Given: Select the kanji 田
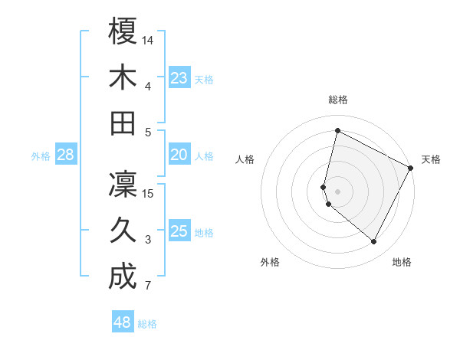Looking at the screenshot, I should click(123, 123).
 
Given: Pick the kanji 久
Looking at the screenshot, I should click(123, 231).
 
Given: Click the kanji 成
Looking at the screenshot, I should click(123, 277).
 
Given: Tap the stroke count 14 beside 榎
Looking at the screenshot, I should click(149, 40).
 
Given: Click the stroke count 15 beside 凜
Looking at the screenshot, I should click(149, 194).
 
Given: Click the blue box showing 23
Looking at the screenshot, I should click(179, 78).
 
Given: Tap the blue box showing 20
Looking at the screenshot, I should click(179, 155).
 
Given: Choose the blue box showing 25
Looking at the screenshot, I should click(179, 232).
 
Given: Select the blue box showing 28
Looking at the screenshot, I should click(66, 155).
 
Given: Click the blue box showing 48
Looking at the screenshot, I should click(123, 322).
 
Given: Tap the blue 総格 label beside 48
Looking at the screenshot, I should click(147, 324).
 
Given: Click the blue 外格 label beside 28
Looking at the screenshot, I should click(41, 156).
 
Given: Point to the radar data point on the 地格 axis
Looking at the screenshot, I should click(373, 242).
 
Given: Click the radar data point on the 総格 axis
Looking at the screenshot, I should click(337, 130).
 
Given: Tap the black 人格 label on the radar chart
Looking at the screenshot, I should click(245, 159).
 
